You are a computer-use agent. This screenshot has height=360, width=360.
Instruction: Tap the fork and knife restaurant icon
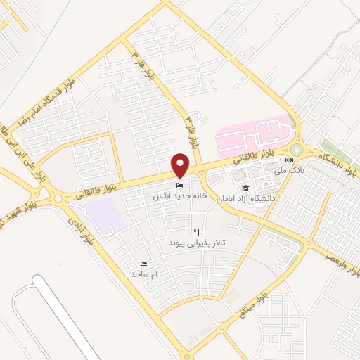tap(196, 231)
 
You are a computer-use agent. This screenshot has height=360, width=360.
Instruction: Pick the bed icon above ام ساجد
tap(144, 263)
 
